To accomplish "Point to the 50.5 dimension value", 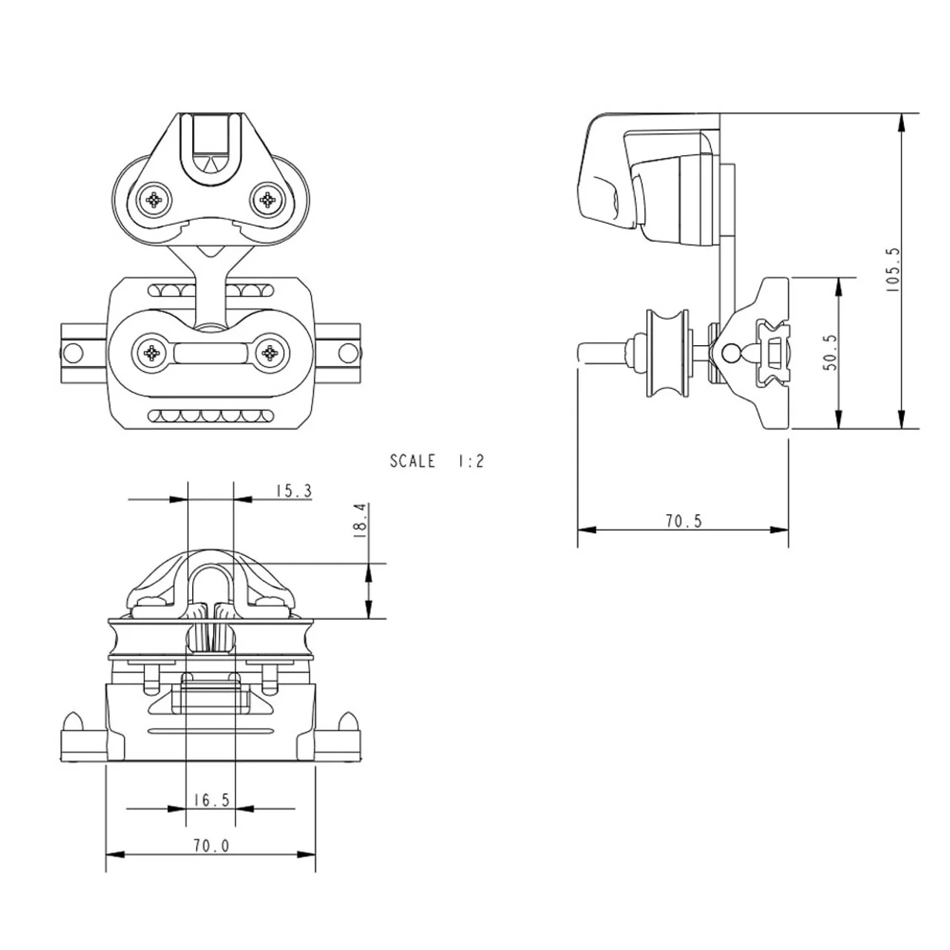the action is click(x=831, y=353).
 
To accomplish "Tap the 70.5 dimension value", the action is click(x=684, y=521).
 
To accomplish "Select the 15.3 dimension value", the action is click(x=294, y=491).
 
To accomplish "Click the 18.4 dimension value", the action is click(x=361, y=520).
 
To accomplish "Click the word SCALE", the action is click(x=413, y=461).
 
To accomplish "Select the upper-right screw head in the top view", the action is click(x=267, y=200).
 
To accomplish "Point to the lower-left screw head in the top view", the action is click(x=152, y=353).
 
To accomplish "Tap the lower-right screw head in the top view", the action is click(x=269, y=353).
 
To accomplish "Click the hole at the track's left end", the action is click(x=73, y=353).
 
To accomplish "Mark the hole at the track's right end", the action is click(x=348, y=353).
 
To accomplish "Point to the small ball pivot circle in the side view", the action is click(x=730, y=353).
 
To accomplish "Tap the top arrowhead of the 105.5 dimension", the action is click(x=902, y=122).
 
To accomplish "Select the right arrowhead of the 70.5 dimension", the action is click(x=779, y=530).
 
